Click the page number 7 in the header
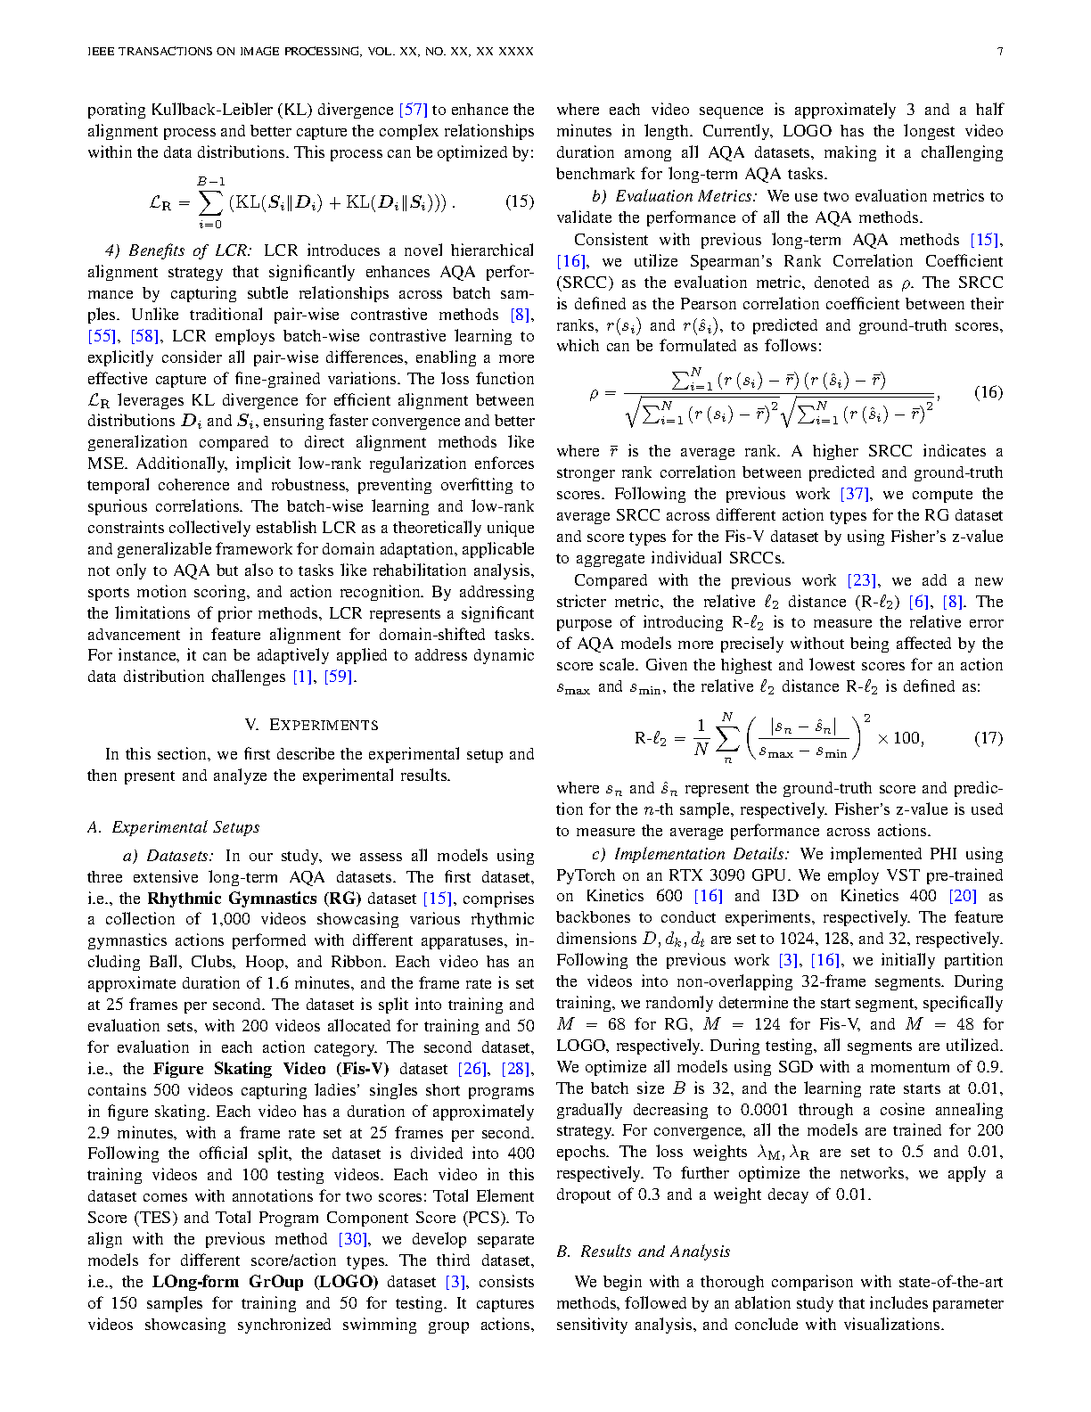999,51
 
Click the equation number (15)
520,201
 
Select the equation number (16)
988,392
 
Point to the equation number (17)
988,738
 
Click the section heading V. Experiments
311,725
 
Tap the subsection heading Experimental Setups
185,827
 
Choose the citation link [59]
340,677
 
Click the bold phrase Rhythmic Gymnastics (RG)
254,899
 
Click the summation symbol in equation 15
210,202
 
